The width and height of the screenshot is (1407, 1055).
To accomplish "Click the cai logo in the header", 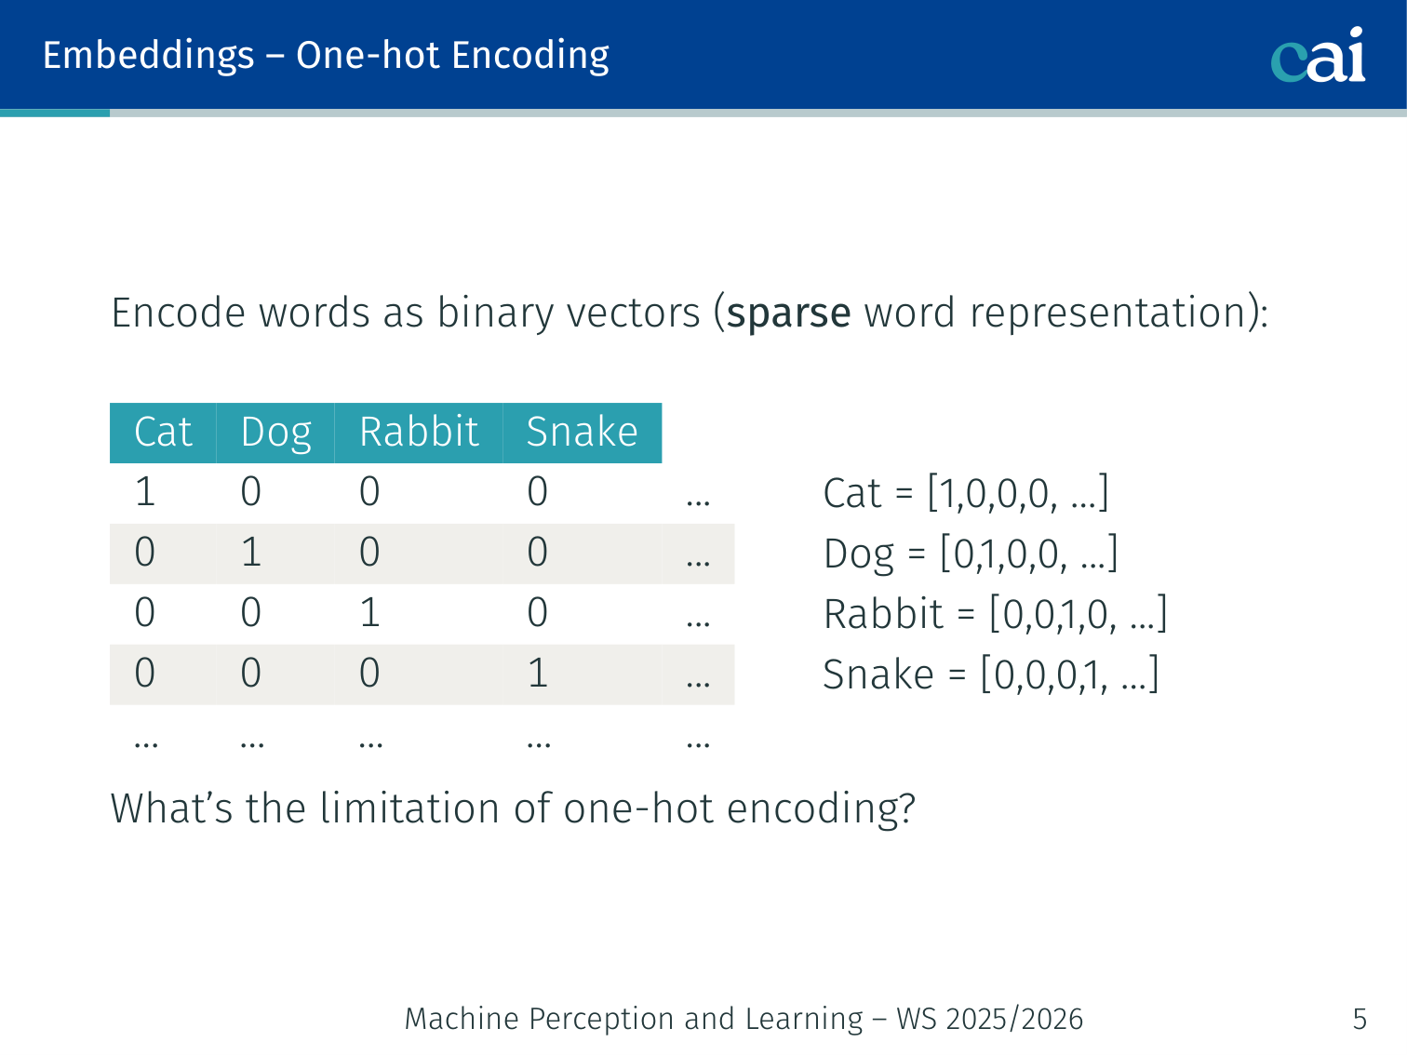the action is tap(1318, 55).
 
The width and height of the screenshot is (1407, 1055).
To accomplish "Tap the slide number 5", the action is tap(1360, 1019).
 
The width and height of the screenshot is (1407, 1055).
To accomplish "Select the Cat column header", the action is tap(163, 432).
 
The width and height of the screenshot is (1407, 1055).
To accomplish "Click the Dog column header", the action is tap(276, 433).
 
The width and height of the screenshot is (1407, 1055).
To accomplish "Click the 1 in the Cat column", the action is tap(145, 492).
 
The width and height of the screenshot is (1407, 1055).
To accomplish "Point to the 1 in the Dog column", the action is tap(251, 553).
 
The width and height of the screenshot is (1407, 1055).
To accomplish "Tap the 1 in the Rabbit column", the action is tap(369, 612).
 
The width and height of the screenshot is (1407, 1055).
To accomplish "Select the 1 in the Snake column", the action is tap(538, 673).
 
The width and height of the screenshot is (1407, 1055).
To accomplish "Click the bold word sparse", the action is tap(789, 314).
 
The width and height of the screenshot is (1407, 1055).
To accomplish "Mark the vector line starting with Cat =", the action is tap(966, 493).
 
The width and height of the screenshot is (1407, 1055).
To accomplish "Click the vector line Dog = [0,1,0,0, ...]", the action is tap(971, 554).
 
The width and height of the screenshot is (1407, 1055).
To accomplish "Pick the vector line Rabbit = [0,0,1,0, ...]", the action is tap(996, 614).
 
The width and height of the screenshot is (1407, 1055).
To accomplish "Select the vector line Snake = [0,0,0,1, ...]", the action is tap(991, 674).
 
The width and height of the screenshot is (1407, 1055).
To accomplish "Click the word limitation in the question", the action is tap(409, 808).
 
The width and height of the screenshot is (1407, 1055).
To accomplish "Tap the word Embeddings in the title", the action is tap(149, 57).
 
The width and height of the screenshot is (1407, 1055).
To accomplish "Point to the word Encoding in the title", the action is tap(530, 57).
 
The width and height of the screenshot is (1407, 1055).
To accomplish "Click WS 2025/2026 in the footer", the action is tap(989, 1019).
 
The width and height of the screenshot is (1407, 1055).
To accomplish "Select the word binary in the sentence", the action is tap(495, 314).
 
